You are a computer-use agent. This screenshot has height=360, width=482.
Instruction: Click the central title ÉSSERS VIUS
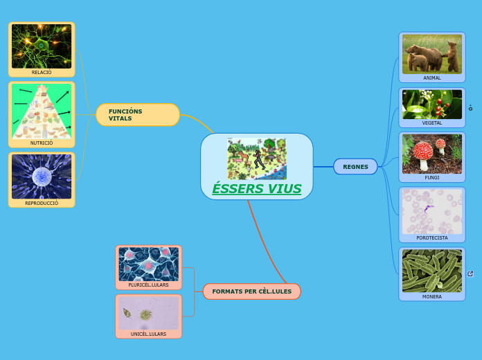click(256, 189)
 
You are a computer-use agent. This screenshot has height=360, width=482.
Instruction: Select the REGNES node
click(355, 167)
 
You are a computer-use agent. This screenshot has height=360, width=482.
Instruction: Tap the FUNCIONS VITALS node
click(138, 115)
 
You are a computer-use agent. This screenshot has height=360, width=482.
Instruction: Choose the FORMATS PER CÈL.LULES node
click(251, 291)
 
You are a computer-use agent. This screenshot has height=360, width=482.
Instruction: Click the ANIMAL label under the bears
click(432, 78)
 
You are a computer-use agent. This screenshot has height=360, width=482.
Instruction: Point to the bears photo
click(432, 54)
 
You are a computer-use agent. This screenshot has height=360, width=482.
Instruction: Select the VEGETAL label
click(432, 123)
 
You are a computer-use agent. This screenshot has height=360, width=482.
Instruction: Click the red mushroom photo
click(432, 153)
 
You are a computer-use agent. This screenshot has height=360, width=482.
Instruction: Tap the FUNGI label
click(432, 178)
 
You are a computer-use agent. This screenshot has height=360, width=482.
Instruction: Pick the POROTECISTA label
click(432, 237)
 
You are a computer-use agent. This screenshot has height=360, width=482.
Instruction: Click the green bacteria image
click(432, 271)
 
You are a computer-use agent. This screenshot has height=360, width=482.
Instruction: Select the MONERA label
click(432, 296)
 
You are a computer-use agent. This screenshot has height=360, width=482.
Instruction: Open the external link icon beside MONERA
click(471, 274)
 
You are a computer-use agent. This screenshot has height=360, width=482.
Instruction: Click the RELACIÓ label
click(42, 72)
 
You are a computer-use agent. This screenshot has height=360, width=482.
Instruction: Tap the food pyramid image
click(42, 111)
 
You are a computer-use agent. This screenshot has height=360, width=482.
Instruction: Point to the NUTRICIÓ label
click(42, 143)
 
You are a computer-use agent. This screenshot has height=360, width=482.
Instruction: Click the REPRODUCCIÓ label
click(42, 204)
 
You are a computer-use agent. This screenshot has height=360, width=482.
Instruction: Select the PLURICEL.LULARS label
click(148, 285)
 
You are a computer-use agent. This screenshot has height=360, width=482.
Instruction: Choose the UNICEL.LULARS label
click(148, 334)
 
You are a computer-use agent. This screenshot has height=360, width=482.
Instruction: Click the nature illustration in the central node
click(256, 159)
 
